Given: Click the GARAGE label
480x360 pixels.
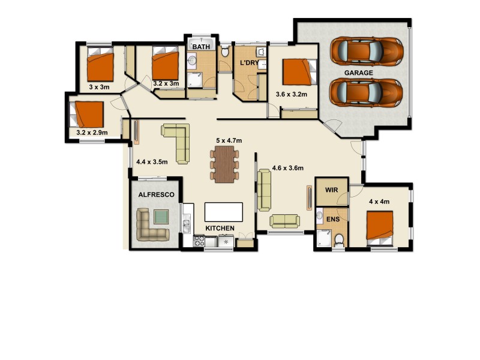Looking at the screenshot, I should (359, 73).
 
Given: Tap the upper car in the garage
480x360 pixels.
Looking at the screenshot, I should (367, 51).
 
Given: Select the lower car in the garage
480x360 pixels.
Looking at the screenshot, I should (367, 92).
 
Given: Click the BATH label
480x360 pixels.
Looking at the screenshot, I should (200, 46).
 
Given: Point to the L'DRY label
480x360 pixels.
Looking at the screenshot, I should (249, 63).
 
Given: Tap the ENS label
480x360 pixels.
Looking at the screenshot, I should (333, 219).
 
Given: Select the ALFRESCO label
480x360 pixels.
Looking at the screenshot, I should (156, 195).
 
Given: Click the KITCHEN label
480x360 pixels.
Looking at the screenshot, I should (220, 229).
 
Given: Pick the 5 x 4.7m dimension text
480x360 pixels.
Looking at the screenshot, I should (229, 140).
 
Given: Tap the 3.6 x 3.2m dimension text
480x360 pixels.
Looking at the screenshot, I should (291, 94).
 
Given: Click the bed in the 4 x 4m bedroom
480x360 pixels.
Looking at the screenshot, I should (380, 227).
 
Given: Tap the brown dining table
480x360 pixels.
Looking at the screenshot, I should (224, 164).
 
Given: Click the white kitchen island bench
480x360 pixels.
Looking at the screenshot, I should (224, 212).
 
